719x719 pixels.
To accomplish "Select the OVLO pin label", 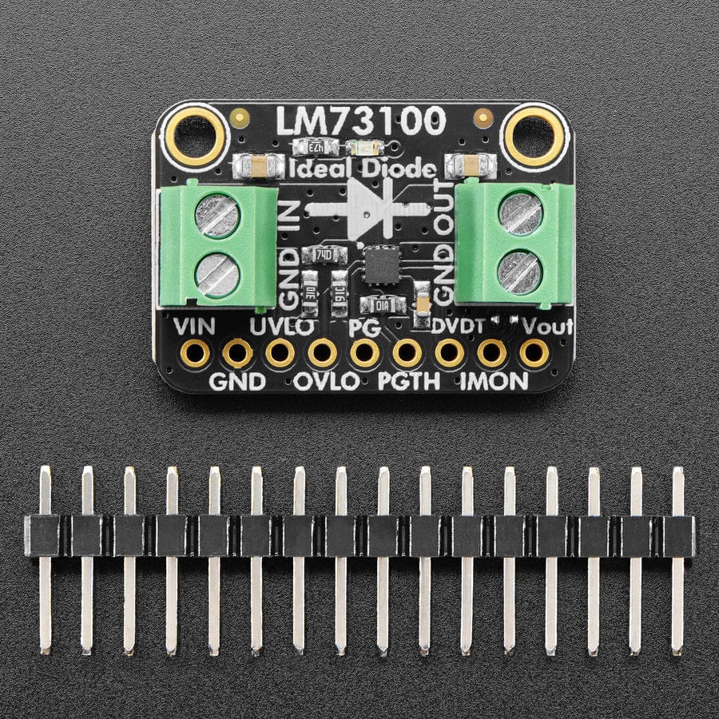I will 326,381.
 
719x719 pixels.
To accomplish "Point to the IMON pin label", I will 494,381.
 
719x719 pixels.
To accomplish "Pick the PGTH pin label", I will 408,381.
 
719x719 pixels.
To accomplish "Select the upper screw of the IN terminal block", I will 217,215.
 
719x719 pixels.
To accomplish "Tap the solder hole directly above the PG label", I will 365,352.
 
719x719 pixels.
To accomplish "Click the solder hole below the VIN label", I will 195,352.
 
